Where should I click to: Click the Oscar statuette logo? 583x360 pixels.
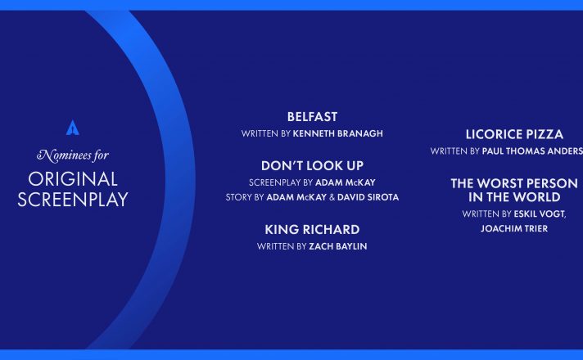tap(73, 128)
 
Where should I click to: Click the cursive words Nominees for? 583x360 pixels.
tap(73, 155)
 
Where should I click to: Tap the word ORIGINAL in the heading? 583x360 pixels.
tap(73, 179)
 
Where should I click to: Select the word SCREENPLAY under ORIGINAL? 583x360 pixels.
tap(73, 200)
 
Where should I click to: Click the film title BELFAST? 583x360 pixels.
tap(312, 117)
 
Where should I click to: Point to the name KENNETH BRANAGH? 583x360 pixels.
tap(337, 133)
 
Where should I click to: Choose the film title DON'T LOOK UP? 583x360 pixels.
tap(312, 166)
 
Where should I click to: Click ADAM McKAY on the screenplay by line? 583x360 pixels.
tap(346, 182)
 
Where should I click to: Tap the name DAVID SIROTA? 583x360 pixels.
tap(368, 197)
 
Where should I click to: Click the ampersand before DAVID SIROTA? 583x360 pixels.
tap(332, 197)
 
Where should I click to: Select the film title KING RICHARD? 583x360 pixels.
tap(312, 230)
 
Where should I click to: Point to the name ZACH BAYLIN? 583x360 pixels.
tap(338, 246)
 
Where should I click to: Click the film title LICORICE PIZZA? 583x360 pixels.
tap(514, 134)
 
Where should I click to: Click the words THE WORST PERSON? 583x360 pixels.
tap(514, 183)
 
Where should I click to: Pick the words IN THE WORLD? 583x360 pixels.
tap(514, 197)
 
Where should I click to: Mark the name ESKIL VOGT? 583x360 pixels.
tap(540, 214)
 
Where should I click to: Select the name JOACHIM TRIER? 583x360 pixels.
tap(514, 228)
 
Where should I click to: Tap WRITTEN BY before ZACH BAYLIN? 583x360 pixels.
tap(282, 246)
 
